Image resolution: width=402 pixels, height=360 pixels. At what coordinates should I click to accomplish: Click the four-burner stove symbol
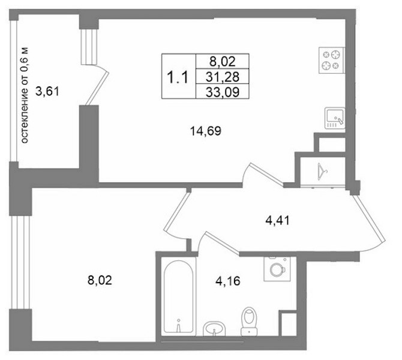(x=332, y=61)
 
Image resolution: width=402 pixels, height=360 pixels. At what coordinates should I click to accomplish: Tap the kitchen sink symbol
(x=335, y=118)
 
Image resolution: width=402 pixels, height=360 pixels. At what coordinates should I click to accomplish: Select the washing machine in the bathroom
(x=277, y=269)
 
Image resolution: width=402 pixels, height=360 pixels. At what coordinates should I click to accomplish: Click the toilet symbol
(x=250, y=322)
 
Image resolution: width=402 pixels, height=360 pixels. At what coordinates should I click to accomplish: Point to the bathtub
(x=178, y=296)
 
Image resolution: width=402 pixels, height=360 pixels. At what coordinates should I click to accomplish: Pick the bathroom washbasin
(x=214, y=329)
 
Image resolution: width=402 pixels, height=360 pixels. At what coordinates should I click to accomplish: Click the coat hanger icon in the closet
(x=322, y=171)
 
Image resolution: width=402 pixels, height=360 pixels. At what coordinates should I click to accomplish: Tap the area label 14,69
(x=206, y=131)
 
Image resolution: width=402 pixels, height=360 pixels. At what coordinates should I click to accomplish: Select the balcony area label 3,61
(x=47, y=91)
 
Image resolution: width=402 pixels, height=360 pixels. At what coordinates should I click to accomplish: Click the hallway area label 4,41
(x=277, y=221)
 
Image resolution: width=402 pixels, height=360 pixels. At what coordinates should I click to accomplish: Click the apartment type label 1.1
(x=178, y=77)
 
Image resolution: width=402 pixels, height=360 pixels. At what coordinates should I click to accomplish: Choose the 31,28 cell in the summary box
(x=223, y=77)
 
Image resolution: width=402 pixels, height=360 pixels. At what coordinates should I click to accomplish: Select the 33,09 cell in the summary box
(x=223, y=92)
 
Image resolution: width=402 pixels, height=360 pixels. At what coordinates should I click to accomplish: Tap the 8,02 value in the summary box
(x=223, y=62)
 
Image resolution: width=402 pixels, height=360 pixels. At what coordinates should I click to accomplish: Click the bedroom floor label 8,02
(x=100, y=280)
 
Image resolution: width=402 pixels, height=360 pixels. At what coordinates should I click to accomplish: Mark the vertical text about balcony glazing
(x=25, y=95)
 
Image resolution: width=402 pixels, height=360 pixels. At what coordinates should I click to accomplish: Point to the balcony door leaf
(x=97, y=88)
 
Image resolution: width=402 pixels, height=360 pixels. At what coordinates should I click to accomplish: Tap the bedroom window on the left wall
(x=21, y=262)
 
